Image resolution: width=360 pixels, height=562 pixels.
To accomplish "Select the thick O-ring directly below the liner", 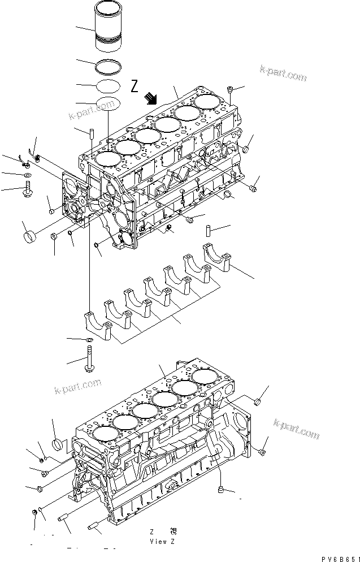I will tap(107, 67).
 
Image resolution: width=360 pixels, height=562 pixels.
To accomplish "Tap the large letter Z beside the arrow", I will tap(135, 87).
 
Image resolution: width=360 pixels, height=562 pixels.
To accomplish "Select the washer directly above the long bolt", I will tap(89, 340).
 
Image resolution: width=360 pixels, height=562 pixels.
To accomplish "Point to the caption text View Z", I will tap(163, 541).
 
